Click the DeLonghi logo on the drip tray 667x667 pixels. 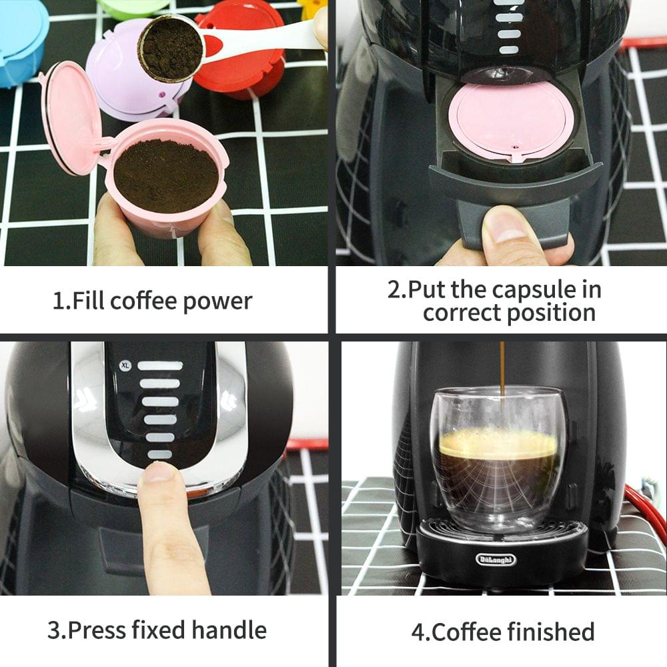pyautogui.click(x=496, y=559)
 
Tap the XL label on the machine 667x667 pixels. pyautogui.click(x=124, y=365)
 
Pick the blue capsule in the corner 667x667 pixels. pyautogui.click(x=20, y=40)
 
